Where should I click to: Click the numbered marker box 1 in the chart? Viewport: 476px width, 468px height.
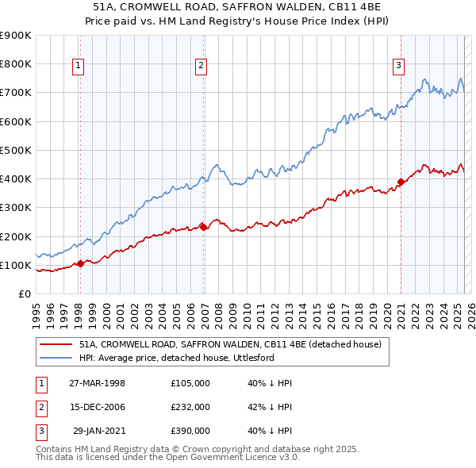(79, 66)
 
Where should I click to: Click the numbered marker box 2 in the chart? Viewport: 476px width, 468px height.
(202, 66)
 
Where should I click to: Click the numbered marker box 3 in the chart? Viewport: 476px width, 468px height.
(398, 66)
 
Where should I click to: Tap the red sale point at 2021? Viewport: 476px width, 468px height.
(401, 182)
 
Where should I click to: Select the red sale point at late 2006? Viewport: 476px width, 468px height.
(204, 227)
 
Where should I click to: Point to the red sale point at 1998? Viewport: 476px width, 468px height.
(80, 263)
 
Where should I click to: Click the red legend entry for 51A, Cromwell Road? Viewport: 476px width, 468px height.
(230, 344)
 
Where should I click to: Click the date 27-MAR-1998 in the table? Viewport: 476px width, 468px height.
(97, 383)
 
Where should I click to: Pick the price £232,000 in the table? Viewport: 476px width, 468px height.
(190, 407)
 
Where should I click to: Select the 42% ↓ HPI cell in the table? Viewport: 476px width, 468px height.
(270, 407)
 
